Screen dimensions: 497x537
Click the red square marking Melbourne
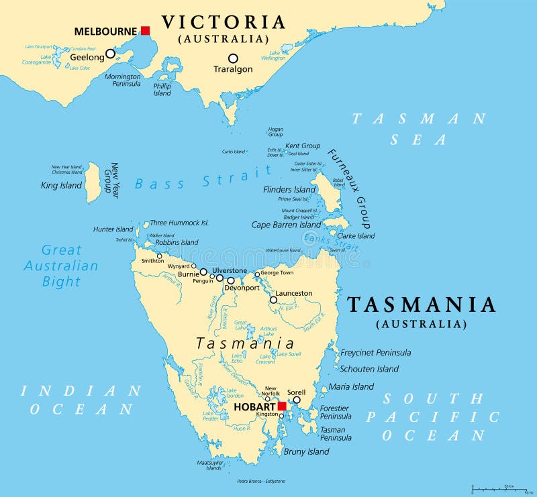(x=145, y=30)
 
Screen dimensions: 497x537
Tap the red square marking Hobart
(x=282, y=406)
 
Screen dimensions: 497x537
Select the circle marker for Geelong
(x=110, y=53)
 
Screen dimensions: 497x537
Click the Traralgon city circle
(x=233, y=58)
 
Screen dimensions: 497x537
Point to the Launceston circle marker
(x=273, y=300)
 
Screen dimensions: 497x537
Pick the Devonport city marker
(x=231, y=280)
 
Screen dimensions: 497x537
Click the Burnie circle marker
(x=203, y=272)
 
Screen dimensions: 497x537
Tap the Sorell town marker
(x=296, y=400)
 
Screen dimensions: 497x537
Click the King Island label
(x=61, y=185)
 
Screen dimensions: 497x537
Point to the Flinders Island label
(x=289, y=189)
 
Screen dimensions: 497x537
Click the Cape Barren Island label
(x=287, y=225)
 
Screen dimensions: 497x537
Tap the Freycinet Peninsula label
(x=375, y=353)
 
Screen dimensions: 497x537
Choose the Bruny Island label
(x=306, y=451)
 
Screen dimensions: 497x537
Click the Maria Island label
(x=351, y=386)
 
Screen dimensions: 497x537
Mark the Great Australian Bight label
(x=61, y=266)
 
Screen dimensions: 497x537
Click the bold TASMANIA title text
(x=422, y=305)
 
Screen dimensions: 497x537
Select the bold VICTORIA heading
(x=224, y=22)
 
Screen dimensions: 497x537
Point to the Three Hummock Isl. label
(x=179, y=223)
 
